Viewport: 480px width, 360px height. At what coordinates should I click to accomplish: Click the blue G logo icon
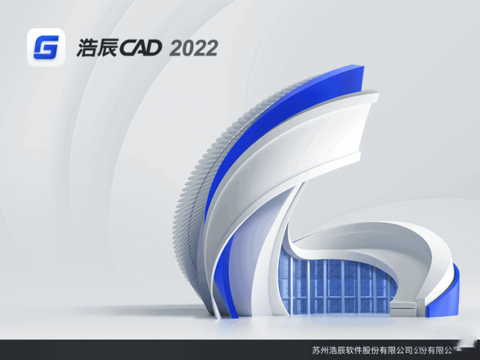click(46, 46)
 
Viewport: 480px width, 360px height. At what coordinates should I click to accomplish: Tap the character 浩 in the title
click(85, 48)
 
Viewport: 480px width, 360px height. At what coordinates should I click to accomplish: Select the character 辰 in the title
click(107, 48)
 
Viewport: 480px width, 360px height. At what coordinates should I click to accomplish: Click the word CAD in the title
click(141, 48)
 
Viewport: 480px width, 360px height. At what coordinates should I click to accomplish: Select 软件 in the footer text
click(354, 350)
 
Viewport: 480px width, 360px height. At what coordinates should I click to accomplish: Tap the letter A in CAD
click(141, 48)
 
